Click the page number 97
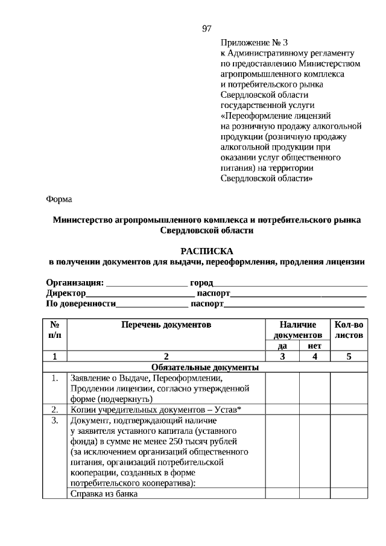(206, 29)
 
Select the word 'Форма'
(59, 199)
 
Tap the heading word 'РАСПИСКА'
(206, 250)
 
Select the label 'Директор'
(66, 294)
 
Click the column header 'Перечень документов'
(166, 325)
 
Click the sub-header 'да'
(282, 346)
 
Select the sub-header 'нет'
(314, 346)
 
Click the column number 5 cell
(349, 357)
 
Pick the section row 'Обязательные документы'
(205, 367)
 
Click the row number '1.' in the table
(54, 378)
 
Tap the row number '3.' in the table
(54, 421)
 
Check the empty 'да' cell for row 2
(282, 410)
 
